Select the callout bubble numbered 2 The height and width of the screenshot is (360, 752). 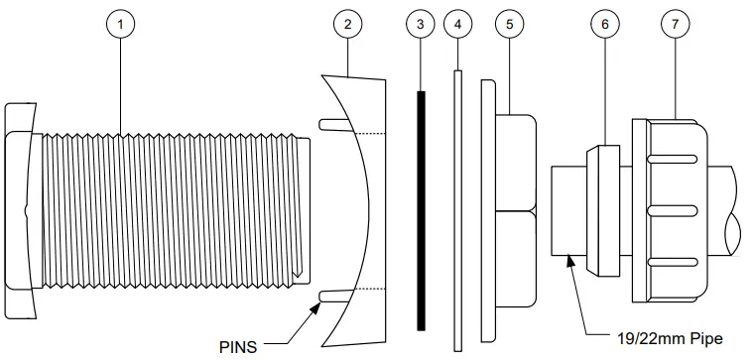pyautogui.click(x=346, y=24)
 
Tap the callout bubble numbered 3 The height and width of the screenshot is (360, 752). pyautogui.click(x=421, y=24)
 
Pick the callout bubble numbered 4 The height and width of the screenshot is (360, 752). pyautogui.click(x=457, y=24)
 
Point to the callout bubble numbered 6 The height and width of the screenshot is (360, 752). pyautogui.click(x=603, y=24)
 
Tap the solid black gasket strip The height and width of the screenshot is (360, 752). pyautogui.click(x=422, y=213)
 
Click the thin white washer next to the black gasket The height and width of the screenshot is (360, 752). pyautogui.click(x=457, y=208)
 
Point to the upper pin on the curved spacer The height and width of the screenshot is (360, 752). pyautogui.click(x=333, y=123)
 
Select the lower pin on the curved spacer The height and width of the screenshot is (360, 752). pyautogui.click(x=333, y=293)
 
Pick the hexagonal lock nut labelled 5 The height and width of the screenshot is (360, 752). pyautogui.click(x=514, y=208)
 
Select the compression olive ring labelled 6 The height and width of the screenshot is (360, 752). pyautogui.click(x=601, y=209)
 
